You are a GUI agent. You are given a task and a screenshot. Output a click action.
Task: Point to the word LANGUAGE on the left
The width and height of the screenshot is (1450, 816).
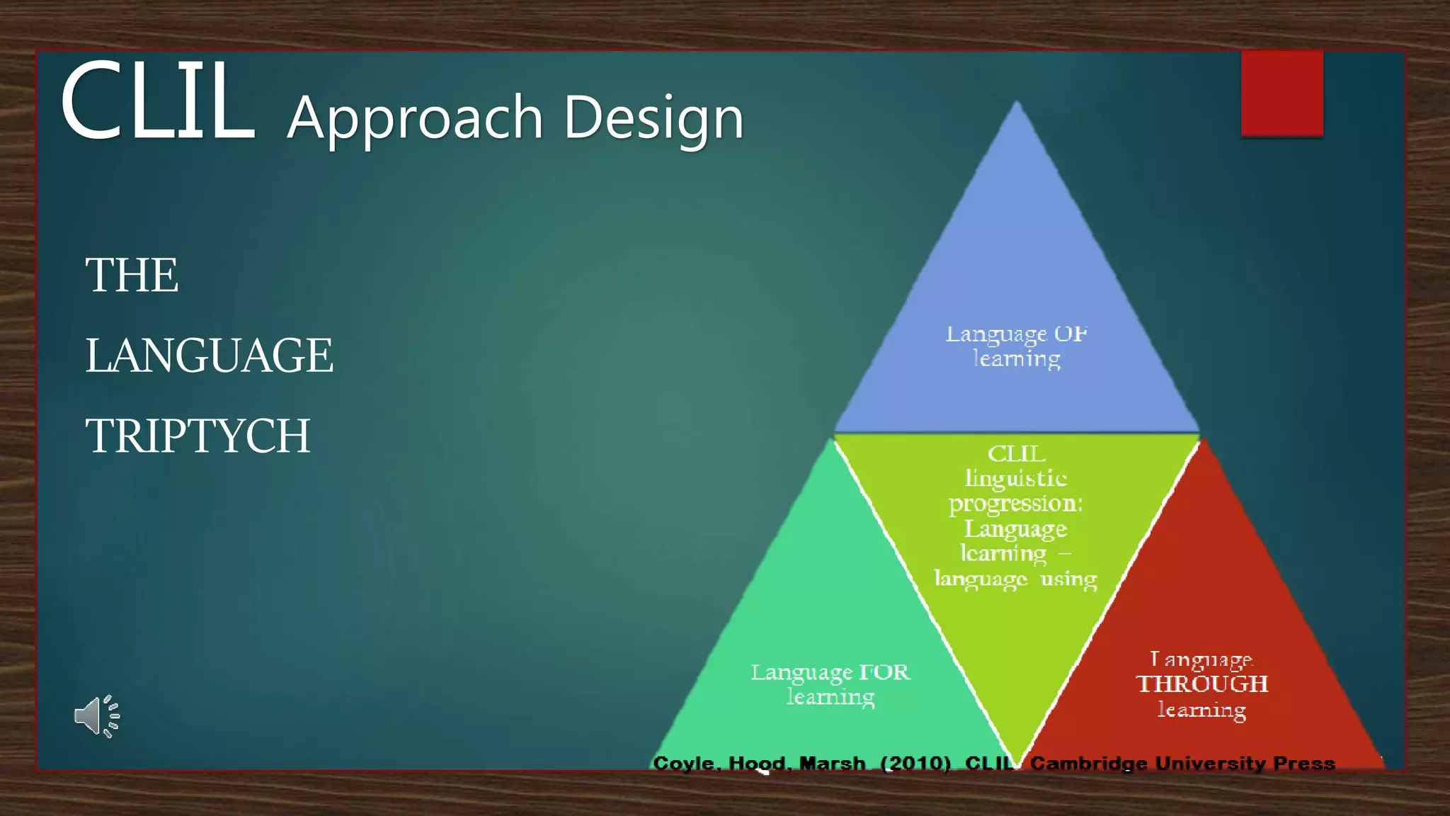pyautogui.click(x=209, y=356)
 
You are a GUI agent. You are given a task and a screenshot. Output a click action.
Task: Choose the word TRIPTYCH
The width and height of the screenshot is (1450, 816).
pyautogui.click(x=198, y=436)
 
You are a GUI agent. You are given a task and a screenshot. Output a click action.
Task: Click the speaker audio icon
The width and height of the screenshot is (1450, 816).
pyautogui.click(x=97, y=716)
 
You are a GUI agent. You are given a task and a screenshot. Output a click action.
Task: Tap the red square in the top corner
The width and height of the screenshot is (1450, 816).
pyautogui.click(x=1281, y=93)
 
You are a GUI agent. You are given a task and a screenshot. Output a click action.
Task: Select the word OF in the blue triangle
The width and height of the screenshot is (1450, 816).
pyautogui.click(x=1070, y=334)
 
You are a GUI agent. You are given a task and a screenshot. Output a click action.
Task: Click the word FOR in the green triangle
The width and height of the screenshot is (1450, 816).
pyautogui.click(x=884, y=671)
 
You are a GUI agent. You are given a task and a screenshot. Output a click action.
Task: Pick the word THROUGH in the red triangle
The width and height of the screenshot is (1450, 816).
pyautogui.click(x=1201, y=684)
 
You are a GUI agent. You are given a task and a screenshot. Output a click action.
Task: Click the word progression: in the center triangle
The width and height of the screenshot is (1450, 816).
pyautogui.click(x=1016, y=504)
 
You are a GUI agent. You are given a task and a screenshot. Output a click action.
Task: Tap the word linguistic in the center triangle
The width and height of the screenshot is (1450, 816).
pyautogui.click(x=1016, y=479)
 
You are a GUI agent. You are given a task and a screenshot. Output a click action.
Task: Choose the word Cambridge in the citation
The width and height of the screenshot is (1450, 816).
pyautogui.click(x=1088, y=764)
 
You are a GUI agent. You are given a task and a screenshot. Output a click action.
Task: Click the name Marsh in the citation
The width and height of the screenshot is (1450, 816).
pyautogui.click(x=832, y=764)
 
